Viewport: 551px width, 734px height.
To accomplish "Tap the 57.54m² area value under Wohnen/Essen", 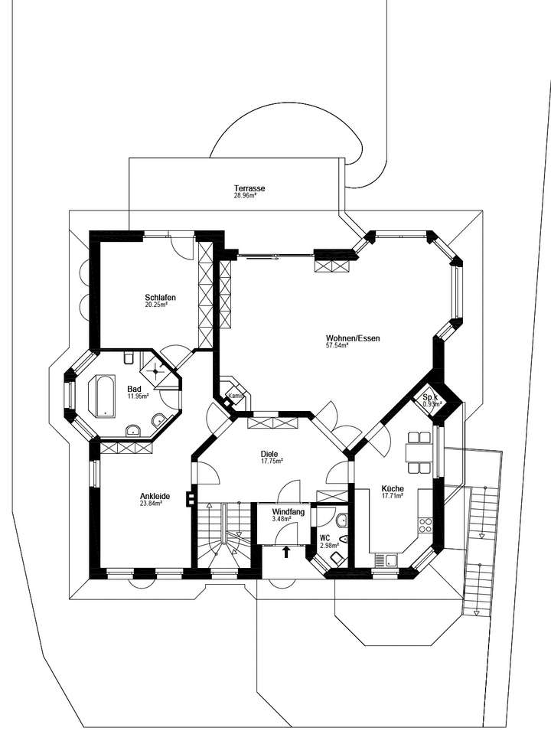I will pyautogui.click(x=337, y=346).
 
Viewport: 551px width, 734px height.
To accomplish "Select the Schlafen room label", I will pyautogui.click(x=161, y=297).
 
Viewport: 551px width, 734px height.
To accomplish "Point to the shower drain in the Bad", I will pyautogui.click(x=159, y=369).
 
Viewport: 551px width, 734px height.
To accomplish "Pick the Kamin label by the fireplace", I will pyautogui.click(x=236, y=396).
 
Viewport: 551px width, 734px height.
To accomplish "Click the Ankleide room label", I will pyautogui.click(x=155, y=496).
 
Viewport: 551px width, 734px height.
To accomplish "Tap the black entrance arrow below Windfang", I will pyautogui.click(x=287, y=551).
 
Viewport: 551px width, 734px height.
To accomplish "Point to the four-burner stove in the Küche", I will pyautogui.click(x=425, y=527).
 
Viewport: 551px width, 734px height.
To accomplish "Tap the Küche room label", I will pyautogui.click(x=391, y=488).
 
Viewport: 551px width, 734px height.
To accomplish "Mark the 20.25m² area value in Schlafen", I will pyautogui.click(x=156, y=305).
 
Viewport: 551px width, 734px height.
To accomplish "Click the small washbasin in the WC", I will pyautogui.click(x=342, y=521).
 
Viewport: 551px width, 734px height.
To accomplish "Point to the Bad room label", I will pyautogui.click(x=135, y=389).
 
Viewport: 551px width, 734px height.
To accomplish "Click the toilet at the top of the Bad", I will pyautogui.click(x=128, y=357).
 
